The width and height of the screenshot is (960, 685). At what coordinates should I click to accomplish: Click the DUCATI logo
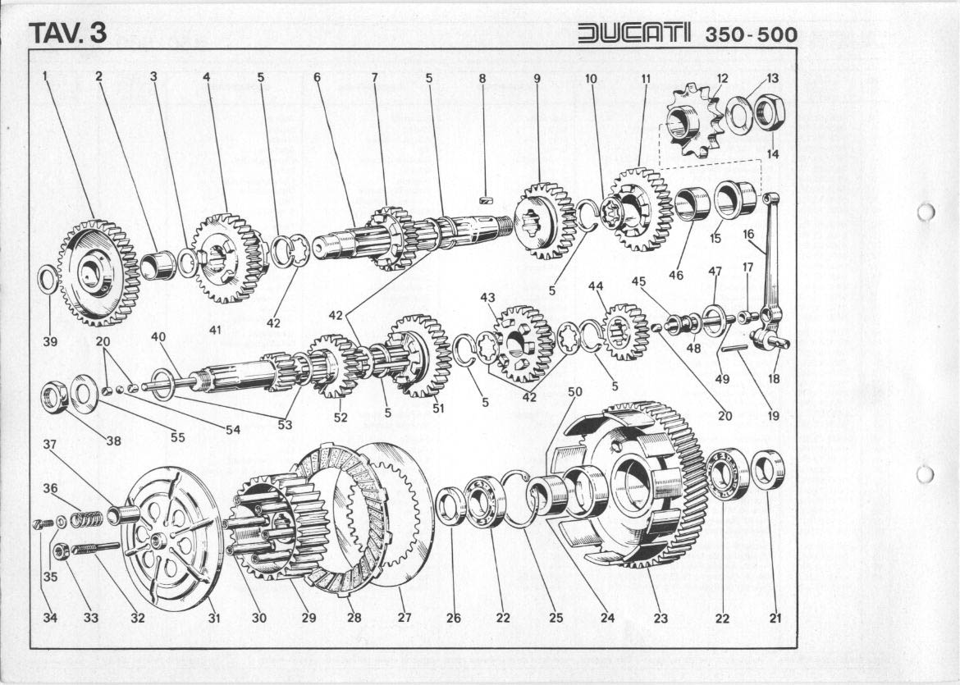point(633,33)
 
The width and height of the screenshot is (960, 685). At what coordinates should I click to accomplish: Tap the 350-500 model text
point(749,34)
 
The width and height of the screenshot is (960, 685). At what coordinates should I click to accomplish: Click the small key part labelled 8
point(484,198)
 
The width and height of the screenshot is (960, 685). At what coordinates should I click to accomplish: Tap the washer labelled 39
point(48,281)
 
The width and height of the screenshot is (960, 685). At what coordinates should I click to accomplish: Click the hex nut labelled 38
point(54,398)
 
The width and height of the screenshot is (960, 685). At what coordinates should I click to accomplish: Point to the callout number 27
point(404,618)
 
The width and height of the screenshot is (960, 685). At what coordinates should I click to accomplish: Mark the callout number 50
point(574,392)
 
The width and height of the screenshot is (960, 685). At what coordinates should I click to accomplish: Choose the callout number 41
point(215,330)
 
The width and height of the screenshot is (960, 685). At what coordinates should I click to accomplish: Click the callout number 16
point(748,234)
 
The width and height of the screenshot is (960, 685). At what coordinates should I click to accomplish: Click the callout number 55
point(177,437)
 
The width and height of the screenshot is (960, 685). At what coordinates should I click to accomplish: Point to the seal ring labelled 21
point(769,469)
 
